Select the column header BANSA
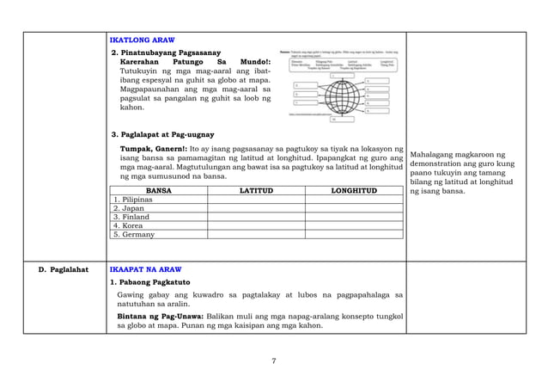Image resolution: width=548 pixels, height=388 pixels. [x=158, y=190]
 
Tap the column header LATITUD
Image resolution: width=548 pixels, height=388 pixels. [x=255, y=190]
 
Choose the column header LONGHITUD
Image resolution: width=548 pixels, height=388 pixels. [x=353, y=190]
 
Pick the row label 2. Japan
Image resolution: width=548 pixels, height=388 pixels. [x=128, y=208]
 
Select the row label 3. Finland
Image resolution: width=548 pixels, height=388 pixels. [x=131, y=217]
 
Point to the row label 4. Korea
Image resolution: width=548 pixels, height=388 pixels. [x=128, y=225]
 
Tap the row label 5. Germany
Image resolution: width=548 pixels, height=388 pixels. [x=134, y=234]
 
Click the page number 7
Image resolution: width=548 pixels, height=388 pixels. [x=274, y=360]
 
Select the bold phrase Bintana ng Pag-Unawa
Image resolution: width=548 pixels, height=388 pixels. [x=166, y=317]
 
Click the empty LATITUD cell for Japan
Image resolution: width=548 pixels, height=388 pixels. [x=255, y=208]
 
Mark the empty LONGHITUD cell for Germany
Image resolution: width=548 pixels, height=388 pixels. [x=353, y=234]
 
